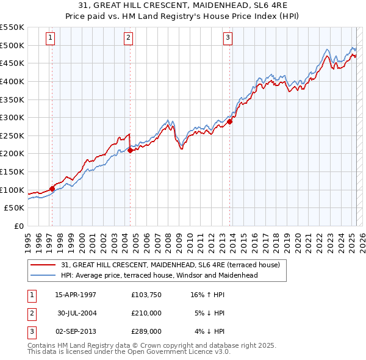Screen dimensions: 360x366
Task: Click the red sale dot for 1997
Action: point(52,189)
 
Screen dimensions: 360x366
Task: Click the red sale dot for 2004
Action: point(131,150)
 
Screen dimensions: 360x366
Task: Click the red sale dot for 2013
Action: point(230,121)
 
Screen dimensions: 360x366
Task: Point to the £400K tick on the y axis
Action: point(13,81)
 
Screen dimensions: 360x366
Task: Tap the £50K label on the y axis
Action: point(15,208)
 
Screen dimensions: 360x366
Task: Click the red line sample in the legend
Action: point(44,265)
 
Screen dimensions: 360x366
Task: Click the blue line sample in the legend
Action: point(44,275)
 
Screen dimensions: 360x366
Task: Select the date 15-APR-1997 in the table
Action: point(76,295)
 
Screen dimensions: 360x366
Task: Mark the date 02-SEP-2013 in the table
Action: point(76,331)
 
